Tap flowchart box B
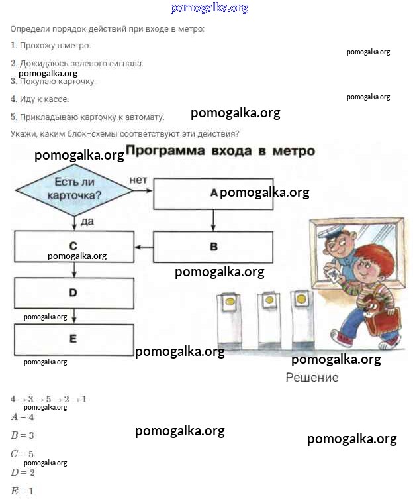(213, 247)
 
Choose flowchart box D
(73, 292)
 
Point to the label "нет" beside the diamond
(138, 180)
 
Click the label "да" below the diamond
(87, 221)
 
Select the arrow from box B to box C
(144, 247)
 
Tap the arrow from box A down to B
(213, 220)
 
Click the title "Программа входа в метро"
(220, 151)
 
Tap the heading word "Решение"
(312, 378)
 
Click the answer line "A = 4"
(23, 417)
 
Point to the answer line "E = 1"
(23, 491)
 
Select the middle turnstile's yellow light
(269, 300)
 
